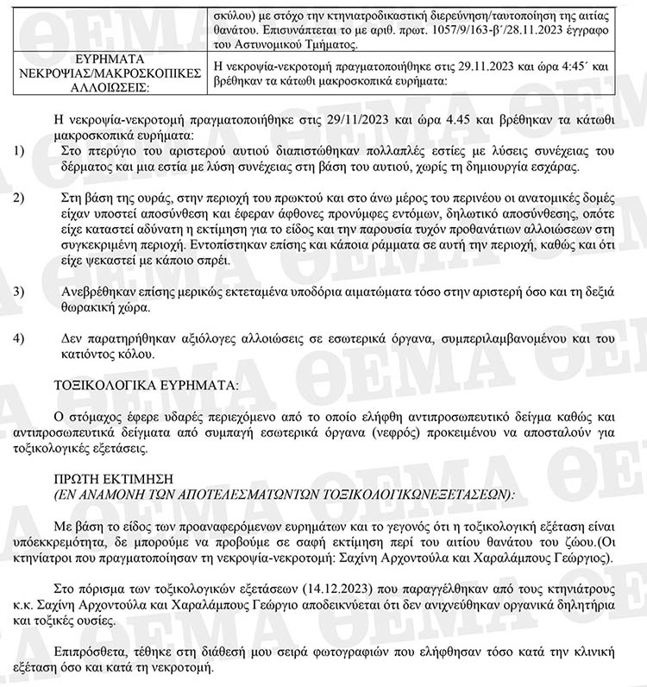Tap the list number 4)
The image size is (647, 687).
[19, 337]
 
